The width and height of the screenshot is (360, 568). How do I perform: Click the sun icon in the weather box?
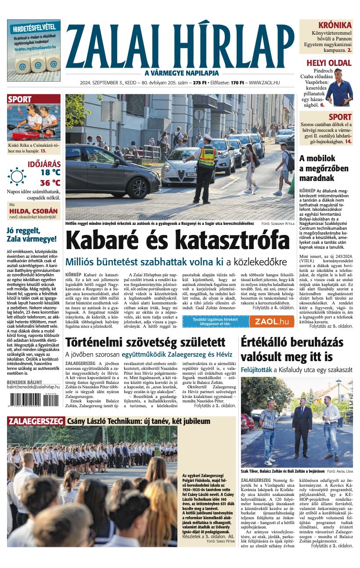[x=17, y=176]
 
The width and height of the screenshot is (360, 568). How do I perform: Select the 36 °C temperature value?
[x=50, y=183]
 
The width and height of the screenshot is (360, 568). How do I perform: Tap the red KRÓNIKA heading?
[x=335, y=25]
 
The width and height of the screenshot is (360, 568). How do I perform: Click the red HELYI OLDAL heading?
[x=329, y=63]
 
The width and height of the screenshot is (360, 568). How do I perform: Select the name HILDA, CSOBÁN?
[x=33, y=210]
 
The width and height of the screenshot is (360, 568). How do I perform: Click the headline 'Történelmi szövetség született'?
[x=145, y=342]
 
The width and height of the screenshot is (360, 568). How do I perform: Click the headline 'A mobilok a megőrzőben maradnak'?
[x=324, y=168]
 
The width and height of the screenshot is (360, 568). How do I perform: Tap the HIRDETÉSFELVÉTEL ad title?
[x=33, y=27]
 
